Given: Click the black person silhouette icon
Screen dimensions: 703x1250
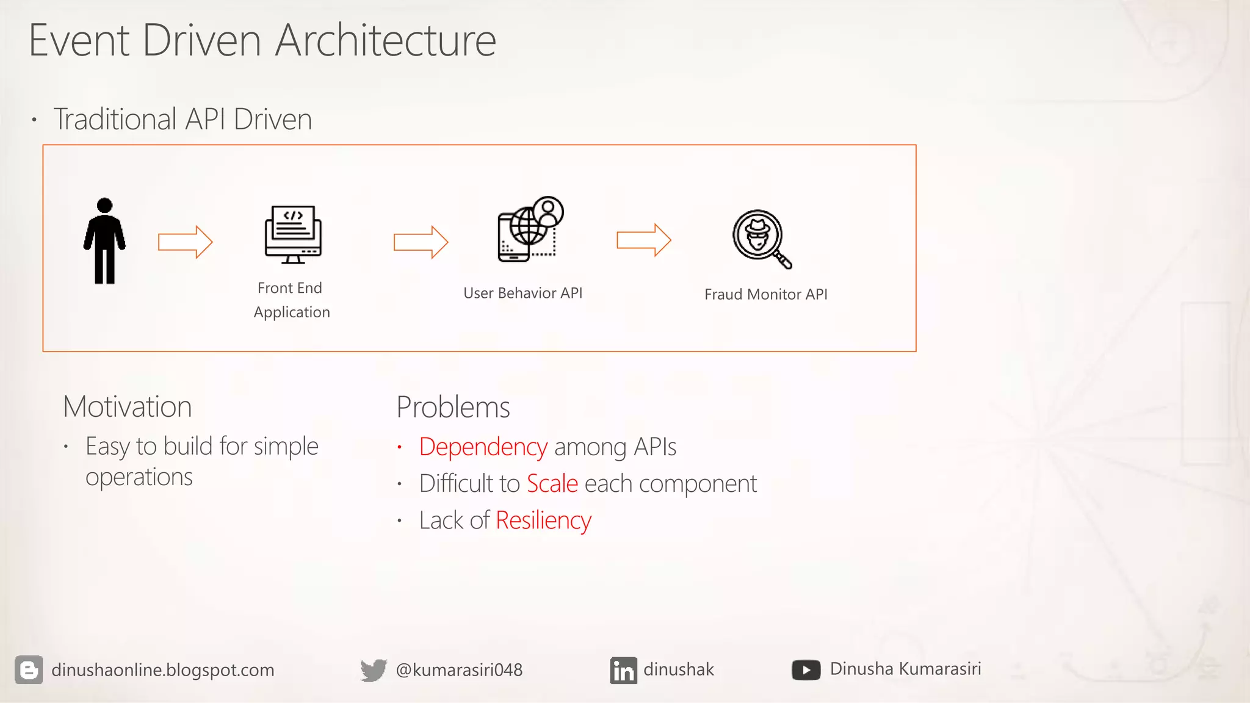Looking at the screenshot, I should click(104, 240).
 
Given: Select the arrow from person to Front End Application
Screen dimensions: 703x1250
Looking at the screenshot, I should click(185, 242).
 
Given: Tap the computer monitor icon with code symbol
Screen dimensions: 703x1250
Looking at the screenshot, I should click(293, 234).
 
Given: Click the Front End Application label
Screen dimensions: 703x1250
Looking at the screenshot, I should click(291, 300).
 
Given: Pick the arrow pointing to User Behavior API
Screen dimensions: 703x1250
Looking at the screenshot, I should click(421, 242).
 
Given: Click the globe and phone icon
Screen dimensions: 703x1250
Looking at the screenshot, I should click(529, 230).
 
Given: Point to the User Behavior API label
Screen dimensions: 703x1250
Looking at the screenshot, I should click(522, 293).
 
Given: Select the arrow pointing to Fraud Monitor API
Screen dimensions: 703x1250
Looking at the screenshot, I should click(643, 240).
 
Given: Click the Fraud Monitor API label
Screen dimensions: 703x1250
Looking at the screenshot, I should click(765, 294).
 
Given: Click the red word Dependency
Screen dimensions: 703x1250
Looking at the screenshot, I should click(483, 447).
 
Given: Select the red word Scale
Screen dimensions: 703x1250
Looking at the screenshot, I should click(552, 483).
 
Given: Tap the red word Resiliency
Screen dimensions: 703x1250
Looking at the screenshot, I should click(543, 521).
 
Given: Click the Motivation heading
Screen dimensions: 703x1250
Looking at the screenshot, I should click(127, 406).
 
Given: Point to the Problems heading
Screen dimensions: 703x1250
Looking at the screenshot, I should click(453, 407).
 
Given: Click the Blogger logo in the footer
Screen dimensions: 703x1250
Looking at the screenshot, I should click(29, 669).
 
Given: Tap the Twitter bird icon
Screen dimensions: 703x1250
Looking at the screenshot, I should click(374, 669).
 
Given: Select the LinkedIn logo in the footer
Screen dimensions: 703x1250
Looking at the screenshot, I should click(623, 670).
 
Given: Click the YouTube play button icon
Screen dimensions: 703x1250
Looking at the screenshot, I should click(806, 669).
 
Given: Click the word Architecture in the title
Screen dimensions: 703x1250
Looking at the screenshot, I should click(385, 40).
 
